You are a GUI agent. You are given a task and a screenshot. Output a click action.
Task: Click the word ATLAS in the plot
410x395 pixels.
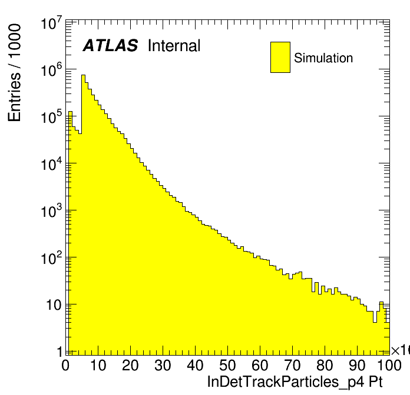pyautogui.click(x=110, y=46)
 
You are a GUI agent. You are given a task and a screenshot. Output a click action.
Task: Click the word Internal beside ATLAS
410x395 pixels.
pyautogui.click(x=174, y=46)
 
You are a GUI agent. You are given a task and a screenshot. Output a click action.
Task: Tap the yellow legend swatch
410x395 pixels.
pyautogui.click(x=280, y=57)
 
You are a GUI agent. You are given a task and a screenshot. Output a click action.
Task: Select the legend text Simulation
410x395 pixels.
pyautogui.click(x=323, y=58)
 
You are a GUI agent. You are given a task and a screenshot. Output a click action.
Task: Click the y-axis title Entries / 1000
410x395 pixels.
pyautogui.click(x=15, y=73)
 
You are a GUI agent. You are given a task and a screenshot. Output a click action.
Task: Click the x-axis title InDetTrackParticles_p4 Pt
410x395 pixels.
pyautogui.click(x=295, y=382)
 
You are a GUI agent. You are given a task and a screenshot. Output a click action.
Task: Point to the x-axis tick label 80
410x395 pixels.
pyautogui.click(x=325, y=366)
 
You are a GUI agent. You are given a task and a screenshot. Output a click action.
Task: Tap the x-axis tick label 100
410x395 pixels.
pyautogui.click(x=389, y=366)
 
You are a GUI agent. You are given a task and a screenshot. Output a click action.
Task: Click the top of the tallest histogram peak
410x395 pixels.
pyautogui.click(x=83, y=75)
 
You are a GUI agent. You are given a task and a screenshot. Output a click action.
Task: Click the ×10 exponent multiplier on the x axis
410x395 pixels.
pyautogui.click(x=401, y=351)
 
